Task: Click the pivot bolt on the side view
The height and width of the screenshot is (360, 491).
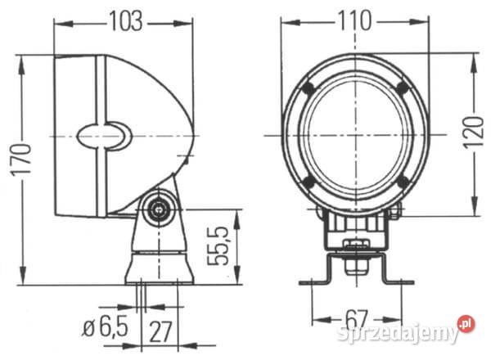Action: pos(155,210)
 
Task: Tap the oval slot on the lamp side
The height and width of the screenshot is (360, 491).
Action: pos(105,135)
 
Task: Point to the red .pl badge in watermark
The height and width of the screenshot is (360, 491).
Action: pos(465,325)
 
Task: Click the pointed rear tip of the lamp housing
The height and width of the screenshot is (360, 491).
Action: pos(194,135)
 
